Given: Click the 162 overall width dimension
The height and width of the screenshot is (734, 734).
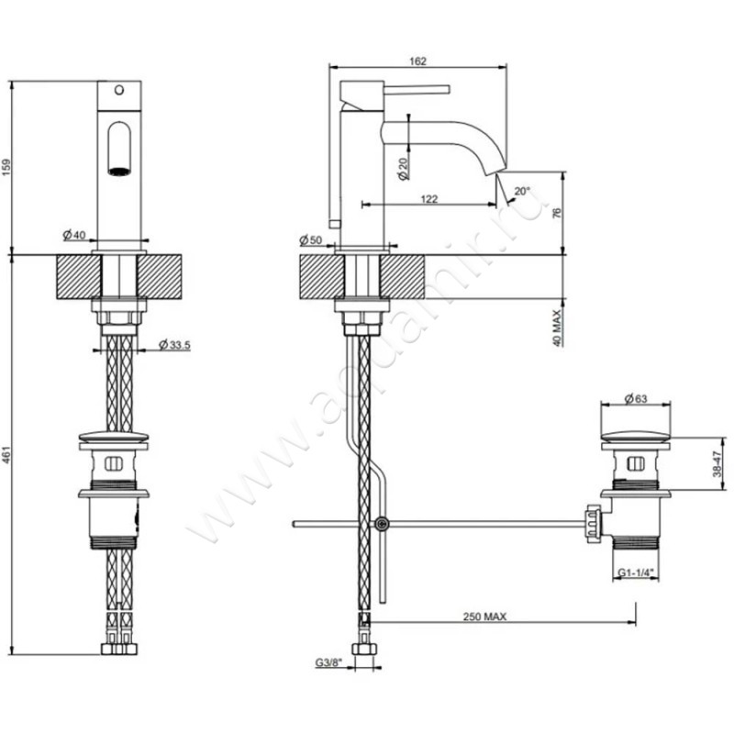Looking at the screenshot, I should [417, 61].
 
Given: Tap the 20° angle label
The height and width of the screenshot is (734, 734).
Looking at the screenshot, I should [522, 192].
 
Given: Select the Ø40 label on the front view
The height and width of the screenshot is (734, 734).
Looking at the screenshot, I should [74, 235].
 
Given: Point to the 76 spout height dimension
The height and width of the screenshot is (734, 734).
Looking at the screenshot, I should [556, 212].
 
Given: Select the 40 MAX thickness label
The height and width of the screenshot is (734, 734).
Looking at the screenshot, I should [556, 326].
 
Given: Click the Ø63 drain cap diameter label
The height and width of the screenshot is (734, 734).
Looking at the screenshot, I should [636, 398].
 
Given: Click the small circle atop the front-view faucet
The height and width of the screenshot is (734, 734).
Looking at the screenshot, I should [117, 91].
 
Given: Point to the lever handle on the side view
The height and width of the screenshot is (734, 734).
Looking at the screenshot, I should [417, 90].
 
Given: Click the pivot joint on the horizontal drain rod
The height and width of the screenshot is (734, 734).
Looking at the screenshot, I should [381, 524].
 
